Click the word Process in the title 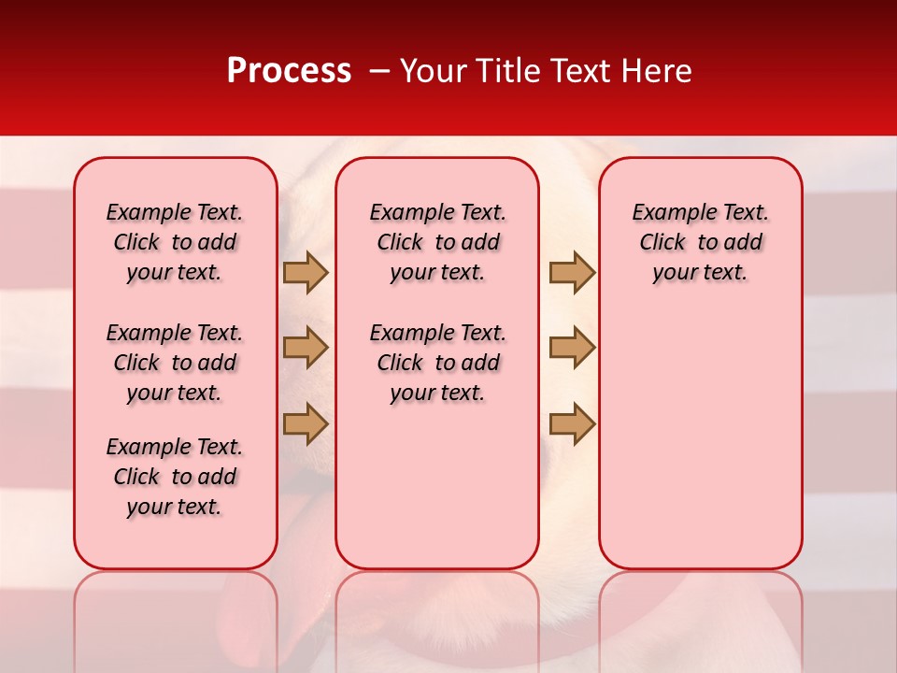pyautogui.click(x=288, y=71)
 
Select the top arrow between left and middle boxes pyautogui.click(x=306, y=272)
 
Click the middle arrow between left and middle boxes pyautogui.click(x=306, y=348)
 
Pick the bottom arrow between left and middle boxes pyautogui.click(x=306, y=423)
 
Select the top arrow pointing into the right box pyautogui.click(x=572, y=272)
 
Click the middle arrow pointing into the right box pyautogui.click(x=572, y=348)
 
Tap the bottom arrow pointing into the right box pyautogui.click(x=572, y=423)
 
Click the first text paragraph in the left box pyautogui.click(x=175, y=242)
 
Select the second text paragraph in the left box pyautogui.click(x=175, y=363)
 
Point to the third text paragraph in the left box pyautogui.click(x=175, y=477)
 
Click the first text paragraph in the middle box pyautogui.click(x=437, y=242)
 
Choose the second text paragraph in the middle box pyautogui.click(x=437, y=363)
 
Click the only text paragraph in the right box pyautogui.click(x=700, y=242)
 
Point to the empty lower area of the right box pyautogui.click(x=700, y=439)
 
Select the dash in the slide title pyautogui.click(x=379, y=71)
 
